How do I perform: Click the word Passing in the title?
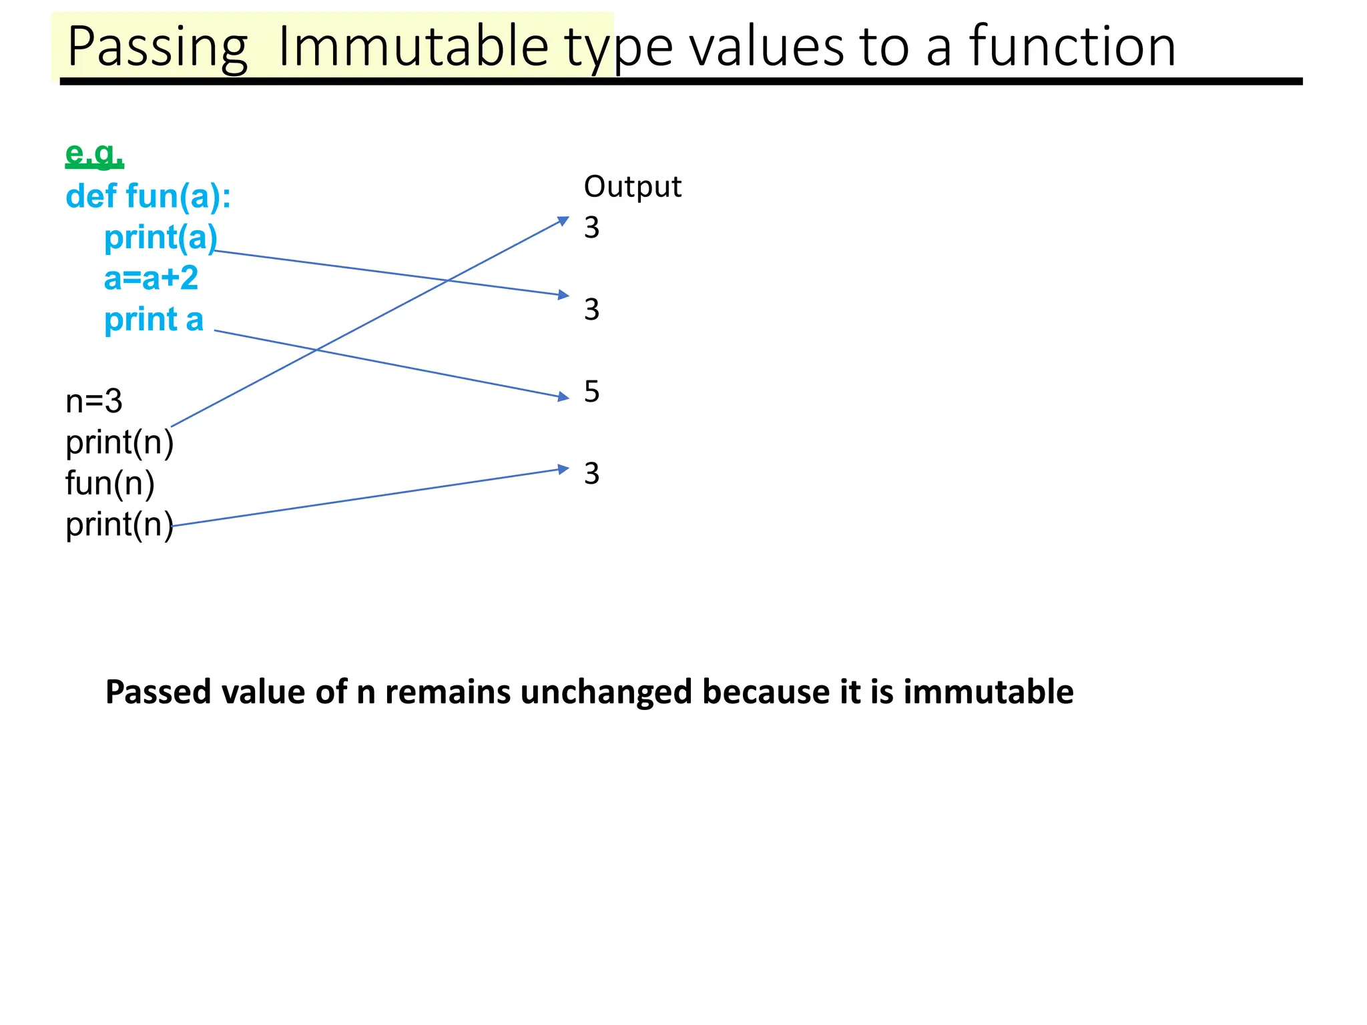coord(158,47)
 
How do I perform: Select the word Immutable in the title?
coord(413,47)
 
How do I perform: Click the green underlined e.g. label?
coord(94,154)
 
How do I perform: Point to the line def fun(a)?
coord(148,196)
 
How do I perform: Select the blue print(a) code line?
coord(161,238)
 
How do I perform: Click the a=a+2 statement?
coord(151,278)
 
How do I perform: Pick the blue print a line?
coord(154,319)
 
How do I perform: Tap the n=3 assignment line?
coord(94,401)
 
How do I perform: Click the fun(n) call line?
coord(110,483)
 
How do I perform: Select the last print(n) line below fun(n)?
coord(119,525)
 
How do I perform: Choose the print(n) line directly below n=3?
coord(119,442)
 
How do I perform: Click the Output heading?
coord(632,187)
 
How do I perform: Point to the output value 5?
coord(591,392)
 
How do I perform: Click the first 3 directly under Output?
coord(591,228)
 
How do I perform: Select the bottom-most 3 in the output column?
coord(591,474)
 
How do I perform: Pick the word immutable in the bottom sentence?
coord(988,692)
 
